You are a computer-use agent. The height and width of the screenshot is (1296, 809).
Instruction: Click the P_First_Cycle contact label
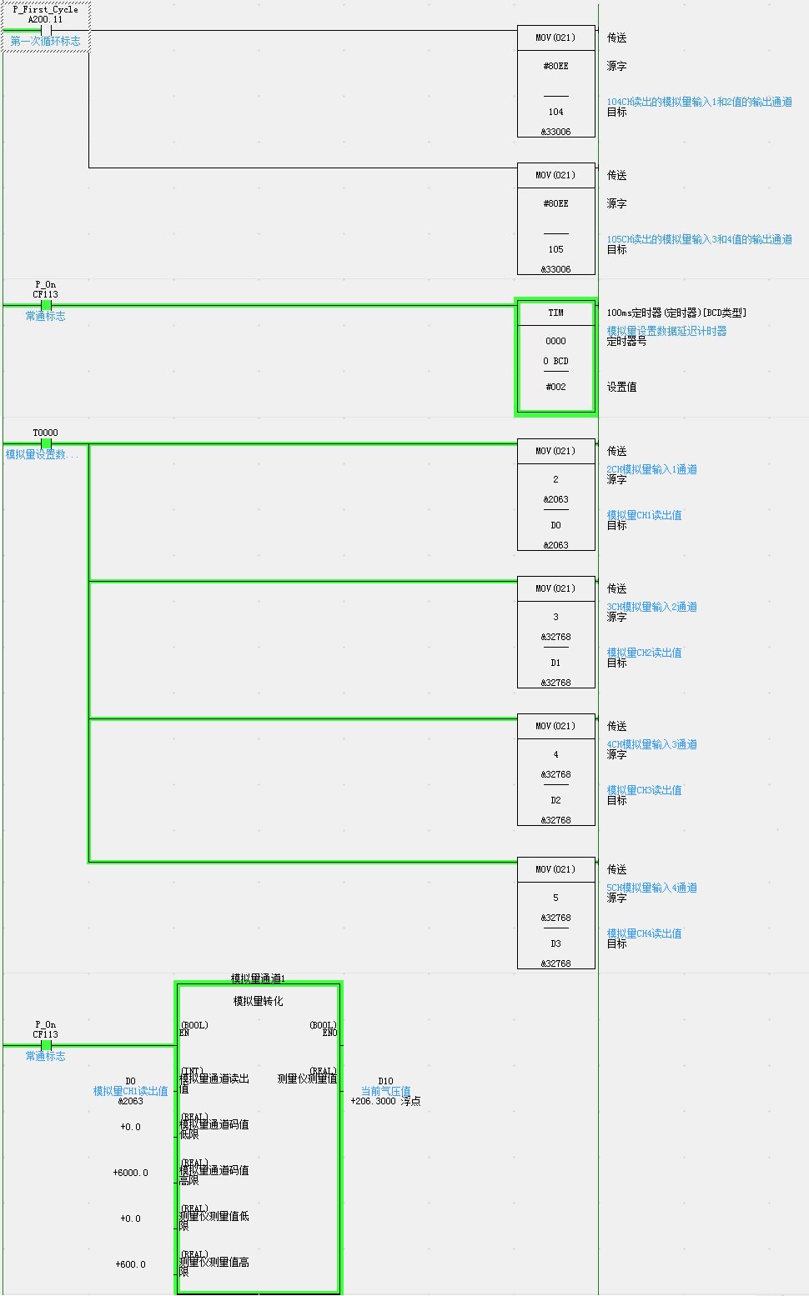[45, 10]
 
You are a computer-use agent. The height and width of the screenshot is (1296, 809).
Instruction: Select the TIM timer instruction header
[555, 313]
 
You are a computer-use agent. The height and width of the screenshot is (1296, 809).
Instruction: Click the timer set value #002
[555, 387]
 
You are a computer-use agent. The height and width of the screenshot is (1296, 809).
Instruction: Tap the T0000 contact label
[45, 433]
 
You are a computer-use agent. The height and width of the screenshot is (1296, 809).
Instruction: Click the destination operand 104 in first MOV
[555, 112]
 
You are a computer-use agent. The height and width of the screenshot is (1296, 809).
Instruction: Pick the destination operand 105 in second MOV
[555, 249]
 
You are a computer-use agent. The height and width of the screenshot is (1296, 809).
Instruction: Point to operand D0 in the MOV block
[555, 525]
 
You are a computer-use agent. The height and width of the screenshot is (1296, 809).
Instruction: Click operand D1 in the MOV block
[555, 663]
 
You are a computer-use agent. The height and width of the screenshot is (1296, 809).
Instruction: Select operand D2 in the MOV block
[555, 800]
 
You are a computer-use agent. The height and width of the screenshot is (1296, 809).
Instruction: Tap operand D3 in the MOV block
[555, 943]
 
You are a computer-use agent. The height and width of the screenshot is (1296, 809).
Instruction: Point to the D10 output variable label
[385, 1081]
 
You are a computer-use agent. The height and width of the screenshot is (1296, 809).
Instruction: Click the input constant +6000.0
[131, 1173]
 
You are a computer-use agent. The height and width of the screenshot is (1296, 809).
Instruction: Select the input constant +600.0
[131, 1264]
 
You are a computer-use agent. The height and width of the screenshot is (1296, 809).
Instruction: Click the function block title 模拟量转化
[258, 1001]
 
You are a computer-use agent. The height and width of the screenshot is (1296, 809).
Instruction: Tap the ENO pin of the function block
[329, 1033]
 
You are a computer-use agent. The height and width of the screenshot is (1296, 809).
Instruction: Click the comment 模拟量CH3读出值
[644, 790]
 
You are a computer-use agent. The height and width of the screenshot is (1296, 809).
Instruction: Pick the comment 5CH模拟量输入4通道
[651, 888]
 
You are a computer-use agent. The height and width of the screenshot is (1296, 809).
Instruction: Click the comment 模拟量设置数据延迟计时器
[666, 331]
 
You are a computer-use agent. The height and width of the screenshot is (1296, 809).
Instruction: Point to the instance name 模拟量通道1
[258, 978]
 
